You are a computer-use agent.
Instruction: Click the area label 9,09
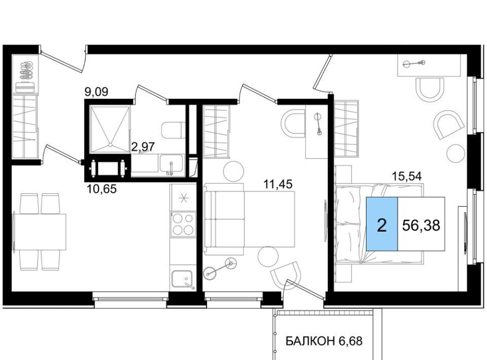[96, 92]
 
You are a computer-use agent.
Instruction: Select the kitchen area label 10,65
[102, 189]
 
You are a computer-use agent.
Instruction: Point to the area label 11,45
[278, 185]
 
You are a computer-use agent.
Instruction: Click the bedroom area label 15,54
[407, 176]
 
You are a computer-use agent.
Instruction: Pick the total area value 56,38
[421, 225]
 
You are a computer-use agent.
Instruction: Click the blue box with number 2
[382, 224]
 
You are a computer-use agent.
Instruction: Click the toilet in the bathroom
[171, 130]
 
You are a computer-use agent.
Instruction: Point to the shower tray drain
[110, 145]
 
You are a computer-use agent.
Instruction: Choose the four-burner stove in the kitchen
[183, 224]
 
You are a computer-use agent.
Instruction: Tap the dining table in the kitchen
[40, 232]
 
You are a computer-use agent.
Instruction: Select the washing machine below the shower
[108, 168]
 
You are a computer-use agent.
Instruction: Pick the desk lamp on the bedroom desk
[414, 63]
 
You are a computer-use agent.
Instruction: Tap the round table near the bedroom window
[456, 153]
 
